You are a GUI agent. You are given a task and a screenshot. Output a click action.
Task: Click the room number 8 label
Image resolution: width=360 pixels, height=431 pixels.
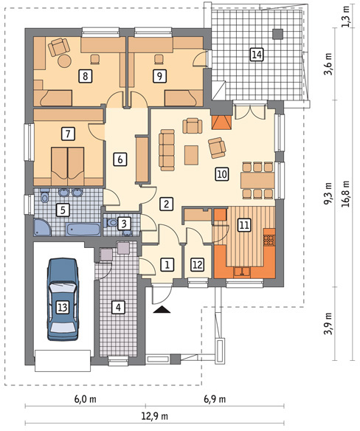[85, 76]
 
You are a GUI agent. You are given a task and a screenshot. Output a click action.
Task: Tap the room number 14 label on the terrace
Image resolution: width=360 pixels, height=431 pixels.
[257, 54]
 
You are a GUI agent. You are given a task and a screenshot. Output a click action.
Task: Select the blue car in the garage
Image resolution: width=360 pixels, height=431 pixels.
[63, 299]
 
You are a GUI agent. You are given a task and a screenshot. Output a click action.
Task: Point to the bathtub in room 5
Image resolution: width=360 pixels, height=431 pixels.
[83, 230]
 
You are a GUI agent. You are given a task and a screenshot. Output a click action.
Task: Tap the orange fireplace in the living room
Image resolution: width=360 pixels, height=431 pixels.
[221, 123]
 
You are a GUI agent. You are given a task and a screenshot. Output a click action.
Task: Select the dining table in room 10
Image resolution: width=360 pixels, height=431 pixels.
[257, 180]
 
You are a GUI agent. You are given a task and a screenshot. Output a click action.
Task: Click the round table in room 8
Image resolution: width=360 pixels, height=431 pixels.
[65, 61]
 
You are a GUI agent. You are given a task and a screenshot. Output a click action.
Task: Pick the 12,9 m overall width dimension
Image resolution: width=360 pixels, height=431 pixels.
[154, 416]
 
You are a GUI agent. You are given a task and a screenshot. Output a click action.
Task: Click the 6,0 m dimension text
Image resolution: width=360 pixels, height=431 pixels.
[86, 399]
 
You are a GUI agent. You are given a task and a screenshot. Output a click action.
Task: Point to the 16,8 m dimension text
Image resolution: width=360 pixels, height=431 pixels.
[345, 193]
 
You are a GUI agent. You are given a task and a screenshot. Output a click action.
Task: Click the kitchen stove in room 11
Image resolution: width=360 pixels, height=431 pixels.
[269, 240]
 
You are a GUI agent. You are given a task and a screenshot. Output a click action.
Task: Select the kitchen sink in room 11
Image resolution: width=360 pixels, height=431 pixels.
[242, 272]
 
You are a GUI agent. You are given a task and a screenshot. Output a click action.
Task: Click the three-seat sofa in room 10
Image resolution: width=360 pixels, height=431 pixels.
[167, 150]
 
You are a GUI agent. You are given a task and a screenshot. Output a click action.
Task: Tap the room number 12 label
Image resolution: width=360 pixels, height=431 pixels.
[198, 264]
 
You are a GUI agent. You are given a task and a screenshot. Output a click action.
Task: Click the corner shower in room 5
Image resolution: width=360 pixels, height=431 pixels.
[42, 227]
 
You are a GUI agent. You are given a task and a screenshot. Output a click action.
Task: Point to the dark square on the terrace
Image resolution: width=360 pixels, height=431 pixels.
[277, 34]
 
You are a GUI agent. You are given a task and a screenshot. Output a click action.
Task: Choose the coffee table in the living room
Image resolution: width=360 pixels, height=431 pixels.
[191, 155]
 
